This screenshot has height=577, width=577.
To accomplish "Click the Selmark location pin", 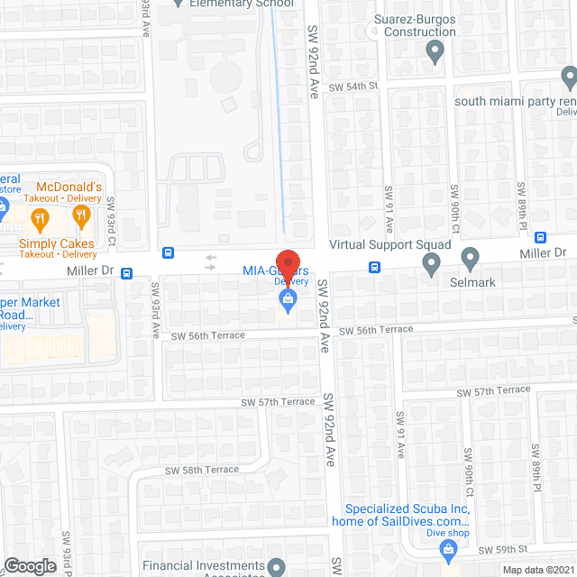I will click(x=471, y=261).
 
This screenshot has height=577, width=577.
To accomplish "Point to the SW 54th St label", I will click(x=351, y=87).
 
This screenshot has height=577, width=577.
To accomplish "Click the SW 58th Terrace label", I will click(x=202, y=470).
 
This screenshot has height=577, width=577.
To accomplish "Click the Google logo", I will click(x=29, y=565).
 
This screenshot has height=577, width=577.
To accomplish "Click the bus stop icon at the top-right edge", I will click(x=540, y=237).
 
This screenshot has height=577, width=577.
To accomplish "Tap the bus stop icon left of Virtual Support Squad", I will click(x=374, y=267).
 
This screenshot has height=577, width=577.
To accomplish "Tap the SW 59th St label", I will click(x=503, y=550).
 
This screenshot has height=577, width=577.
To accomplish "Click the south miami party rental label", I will click(x=515, y=101).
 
